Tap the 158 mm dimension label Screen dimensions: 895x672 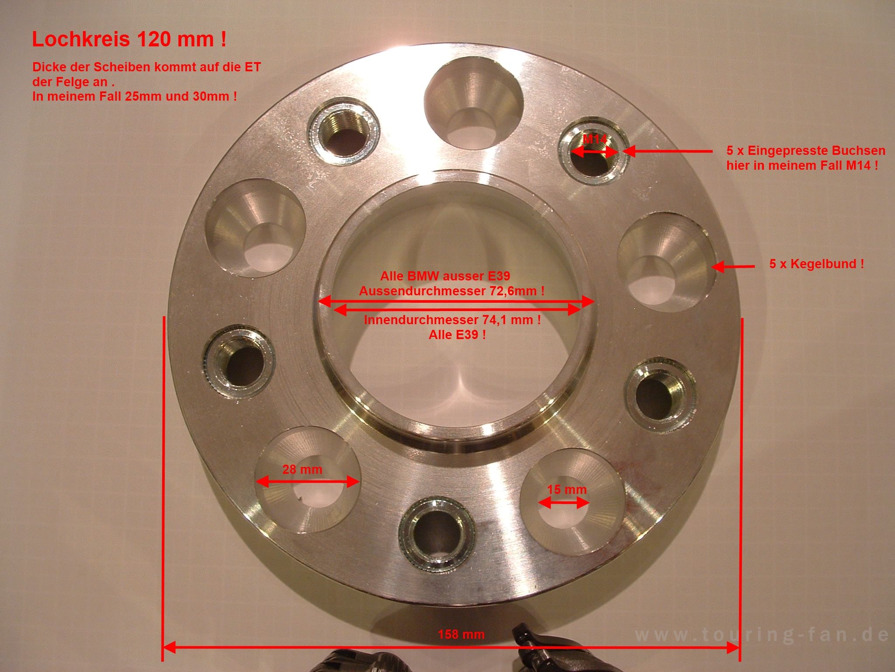[461, 634]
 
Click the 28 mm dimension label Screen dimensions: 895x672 [302, 469]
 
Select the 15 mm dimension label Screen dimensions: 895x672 [566, 489]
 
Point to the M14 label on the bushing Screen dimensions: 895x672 [595, 140]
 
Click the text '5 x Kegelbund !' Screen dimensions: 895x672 [816, 264]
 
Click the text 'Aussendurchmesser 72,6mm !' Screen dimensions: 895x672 [452, 291]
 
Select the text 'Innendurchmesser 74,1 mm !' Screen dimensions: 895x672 [452, 320]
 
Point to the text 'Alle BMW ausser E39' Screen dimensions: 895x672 [445, 276]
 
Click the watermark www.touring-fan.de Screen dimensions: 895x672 [762, 646]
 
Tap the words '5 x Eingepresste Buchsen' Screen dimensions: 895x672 [806, 151]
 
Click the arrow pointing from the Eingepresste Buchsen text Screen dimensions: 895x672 [667, 151]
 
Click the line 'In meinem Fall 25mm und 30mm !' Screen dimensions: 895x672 [135, 97]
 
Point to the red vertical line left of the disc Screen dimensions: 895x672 [164, 488]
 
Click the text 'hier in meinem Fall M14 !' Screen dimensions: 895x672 [802, 166]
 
